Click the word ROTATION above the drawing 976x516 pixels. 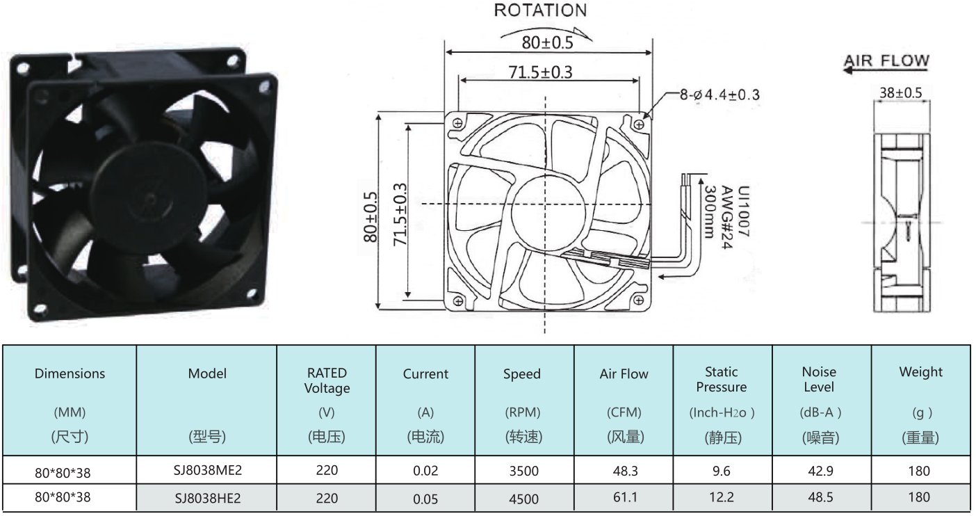coord(540,10)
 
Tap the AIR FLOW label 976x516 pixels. coord(887,60)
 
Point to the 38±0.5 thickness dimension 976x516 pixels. coord(901,92)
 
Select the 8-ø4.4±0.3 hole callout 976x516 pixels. coord(719,95)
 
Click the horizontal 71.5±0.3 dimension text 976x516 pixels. coord(540,72)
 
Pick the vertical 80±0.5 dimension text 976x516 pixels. coord(371,217)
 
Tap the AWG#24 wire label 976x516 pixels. coord(726,217)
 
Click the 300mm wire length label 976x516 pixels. coord(710,212)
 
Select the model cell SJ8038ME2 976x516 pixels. coord(207,470)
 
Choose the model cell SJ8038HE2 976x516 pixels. coord(207,498)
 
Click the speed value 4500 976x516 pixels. coord(523,499)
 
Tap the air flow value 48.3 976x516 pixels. coord(625,471)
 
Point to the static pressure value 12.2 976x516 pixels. coord(722,497)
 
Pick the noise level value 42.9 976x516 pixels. coord(820,471)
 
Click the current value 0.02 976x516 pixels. coord(425,471)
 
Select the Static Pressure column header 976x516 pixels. coord(722,379)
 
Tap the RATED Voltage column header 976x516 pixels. coord(327,380)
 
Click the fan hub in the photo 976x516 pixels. coord(150,198)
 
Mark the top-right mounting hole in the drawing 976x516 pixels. coord(639,125)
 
